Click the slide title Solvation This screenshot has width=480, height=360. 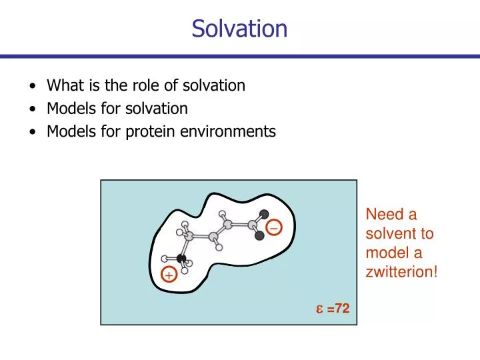pyautogui.click(x=239, y=29)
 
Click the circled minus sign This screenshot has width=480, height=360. pyautogui.click(x=274, y=228)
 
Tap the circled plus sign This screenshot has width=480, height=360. pyautogui.click(x=169, y=275)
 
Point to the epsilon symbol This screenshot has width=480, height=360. pyautogui.click(x=319, y=309)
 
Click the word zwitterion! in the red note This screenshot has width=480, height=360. pyautogui.click(x=401, y=272)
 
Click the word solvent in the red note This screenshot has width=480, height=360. pyautogui.click(x=391, y=234)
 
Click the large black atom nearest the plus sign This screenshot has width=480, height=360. pyautogui.click(x=181, y=257)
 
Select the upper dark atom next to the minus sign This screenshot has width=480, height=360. pyautogui.click(x=264, y=214)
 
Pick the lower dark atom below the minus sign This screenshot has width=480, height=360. pyautogui.click(x=259, y=235)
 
